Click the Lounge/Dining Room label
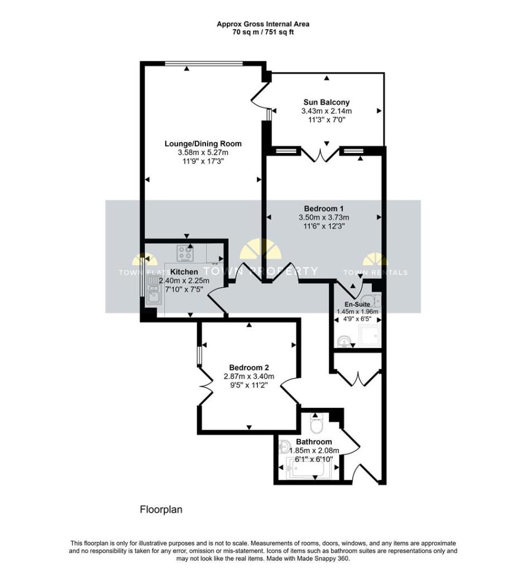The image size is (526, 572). click(203, 144)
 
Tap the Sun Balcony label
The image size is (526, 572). click(326, 102)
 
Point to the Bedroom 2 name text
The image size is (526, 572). click(249, 368)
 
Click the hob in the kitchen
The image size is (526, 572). click(185, 254)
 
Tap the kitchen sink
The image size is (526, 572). click(152, 292)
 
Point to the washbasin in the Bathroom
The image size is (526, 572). click(284, 447)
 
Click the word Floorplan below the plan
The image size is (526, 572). click(161, 509)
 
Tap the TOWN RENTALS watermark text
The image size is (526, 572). click(375, 273)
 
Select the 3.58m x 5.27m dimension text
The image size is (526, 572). click(203, 152)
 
